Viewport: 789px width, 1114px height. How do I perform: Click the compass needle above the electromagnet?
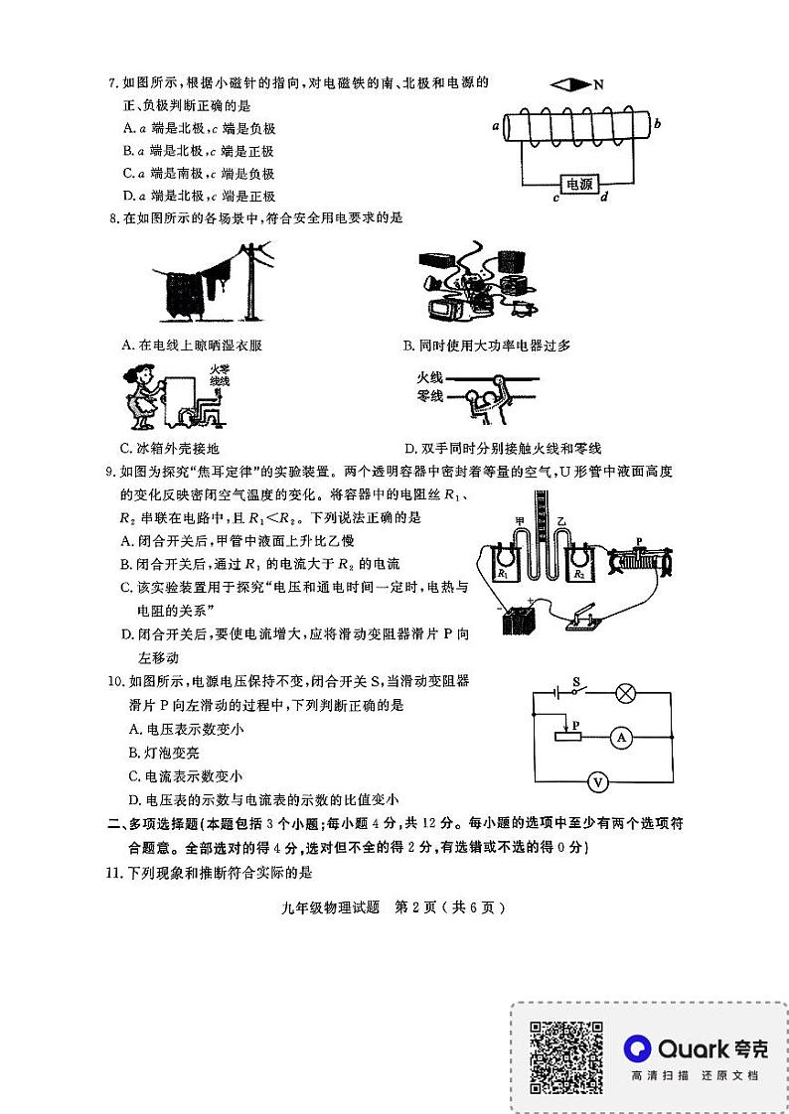[570, 85]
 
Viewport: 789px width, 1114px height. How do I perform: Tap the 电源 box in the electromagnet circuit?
[579, 184]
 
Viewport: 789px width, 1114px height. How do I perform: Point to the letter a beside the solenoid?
[495, 127]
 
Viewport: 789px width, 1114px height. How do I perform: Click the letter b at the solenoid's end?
[658, 123]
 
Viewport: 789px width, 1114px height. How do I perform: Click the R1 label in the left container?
[504, 574]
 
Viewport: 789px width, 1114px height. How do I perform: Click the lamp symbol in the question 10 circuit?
[625, 693]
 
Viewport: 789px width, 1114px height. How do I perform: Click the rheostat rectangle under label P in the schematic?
[567, 735]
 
